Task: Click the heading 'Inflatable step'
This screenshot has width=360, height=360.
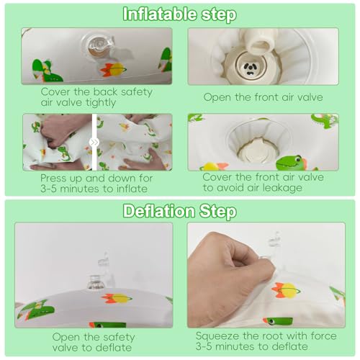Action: click(179, 14)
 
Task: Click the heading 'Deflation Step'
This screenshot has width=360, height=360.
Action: click(180, 211)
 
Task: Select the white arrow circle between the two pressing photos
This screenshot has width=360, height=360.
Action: click(94, 143)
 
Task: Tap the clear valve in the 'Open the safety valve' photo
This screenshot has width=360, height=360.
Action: click(96, 282)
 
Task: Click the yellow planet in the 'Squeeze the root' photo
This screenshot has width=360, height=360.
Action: click(289, 290)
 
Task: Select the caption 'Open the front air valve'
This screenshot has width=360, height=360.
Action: click(263, 97)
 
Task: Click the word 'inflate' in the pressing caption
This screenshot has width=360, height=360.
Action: click(132, 189)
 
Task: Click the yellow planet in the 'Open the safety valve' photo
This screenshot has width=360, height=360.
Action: click(120, 298)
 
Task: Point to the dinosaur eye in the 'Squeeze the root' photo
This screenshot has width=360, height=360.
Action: click(271, 320)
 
